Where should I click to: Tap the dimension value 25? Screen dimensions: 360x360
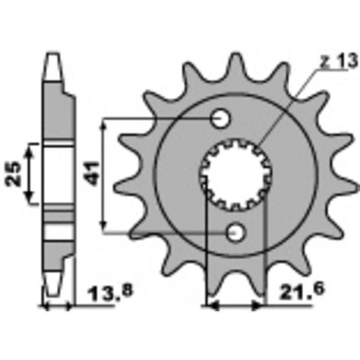point(13,173)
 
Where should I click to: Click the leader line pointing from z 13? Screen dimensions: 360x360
point(288,106)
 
